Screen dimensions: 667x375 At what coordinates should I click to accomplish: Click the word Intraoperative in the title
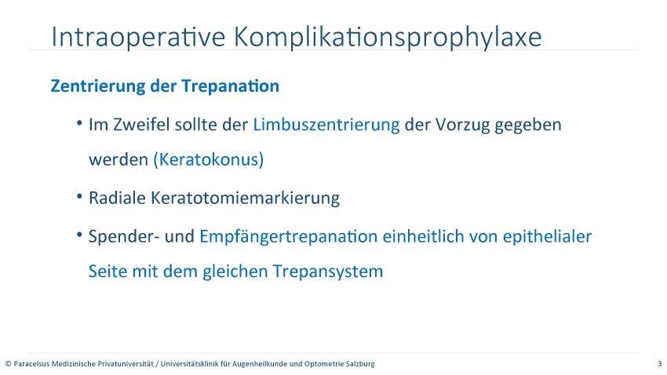pos(138,37)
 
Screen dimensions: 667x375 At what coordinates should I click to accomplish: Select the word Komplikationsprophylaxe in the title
pos(388,38)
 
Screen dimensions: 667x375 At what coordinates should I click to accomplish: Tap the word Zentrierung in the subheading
pos(98,86)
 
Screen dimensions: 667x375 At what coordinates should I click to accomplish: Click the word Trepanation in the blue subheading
pos(231,86)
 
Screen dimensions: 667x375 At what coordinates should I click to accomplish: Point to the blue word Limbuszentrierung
pos(326,125)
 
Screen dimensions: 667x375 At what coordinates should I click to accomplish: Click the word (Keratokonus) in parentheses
pos(209,159)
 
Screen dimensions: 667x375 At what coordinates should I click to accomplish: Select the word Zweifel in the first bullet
pos(141,125)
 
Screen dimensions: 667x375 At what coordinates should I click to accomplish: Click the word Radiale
pos(117,198)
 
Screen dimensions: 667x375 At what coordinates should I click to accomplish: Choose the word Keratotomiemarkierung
pos(246,198)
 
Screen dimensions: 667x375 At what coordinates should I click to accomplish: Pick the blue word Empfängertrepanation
pos(289,237)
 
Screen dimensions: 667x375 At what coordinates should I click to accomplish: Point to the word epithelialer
pos(547,237)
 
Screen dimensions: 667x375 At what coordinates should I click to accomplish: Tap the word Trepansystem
pos(328,271)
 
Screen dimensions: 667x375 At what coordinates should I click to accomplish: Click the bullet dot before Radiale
pos(79,197)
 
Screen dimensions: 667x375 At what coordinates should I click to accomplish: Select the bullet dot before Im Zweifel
pos(79,123)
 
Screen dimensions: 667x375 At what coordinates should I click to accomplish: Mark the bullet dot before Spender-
pos(79,235)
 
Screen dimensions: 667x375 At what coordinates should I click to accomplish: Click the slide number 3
pos(660,364)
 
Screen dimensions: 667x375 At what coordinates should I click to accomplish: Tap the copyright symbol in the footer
pos(8,364)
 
